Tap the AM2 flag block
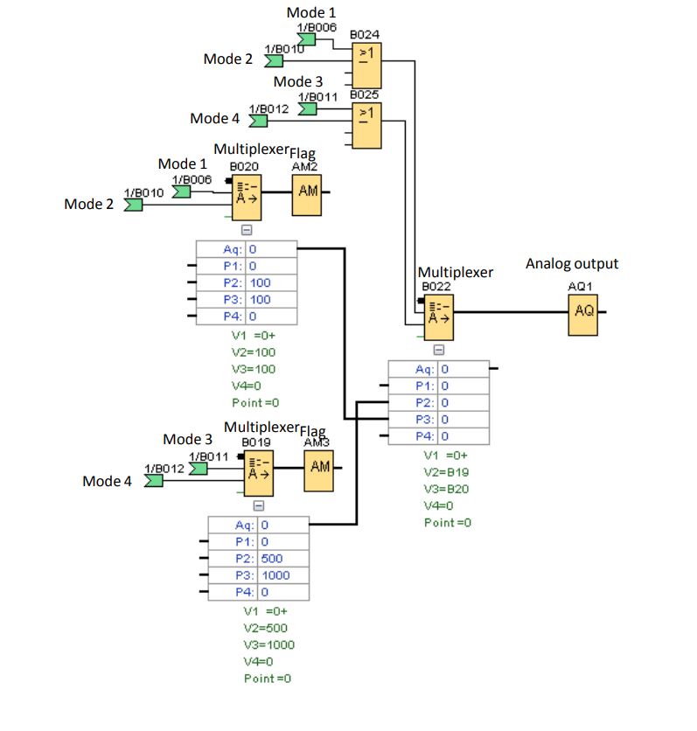click(x=307, y=190)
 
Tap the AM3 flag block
click(x=320, y=467)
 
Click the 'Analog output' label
click(x=572, y=263)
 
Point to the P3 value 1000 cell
click(x=283, y=575)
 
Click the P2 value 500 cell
click(x=283, y=559)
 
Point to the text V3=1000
click(x=268, y=644)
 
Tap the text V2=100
click(x=254, y=352)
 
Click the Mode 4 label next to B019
click(x=107, y=481)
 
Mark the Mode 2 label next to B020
click(x=89, y=204)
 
